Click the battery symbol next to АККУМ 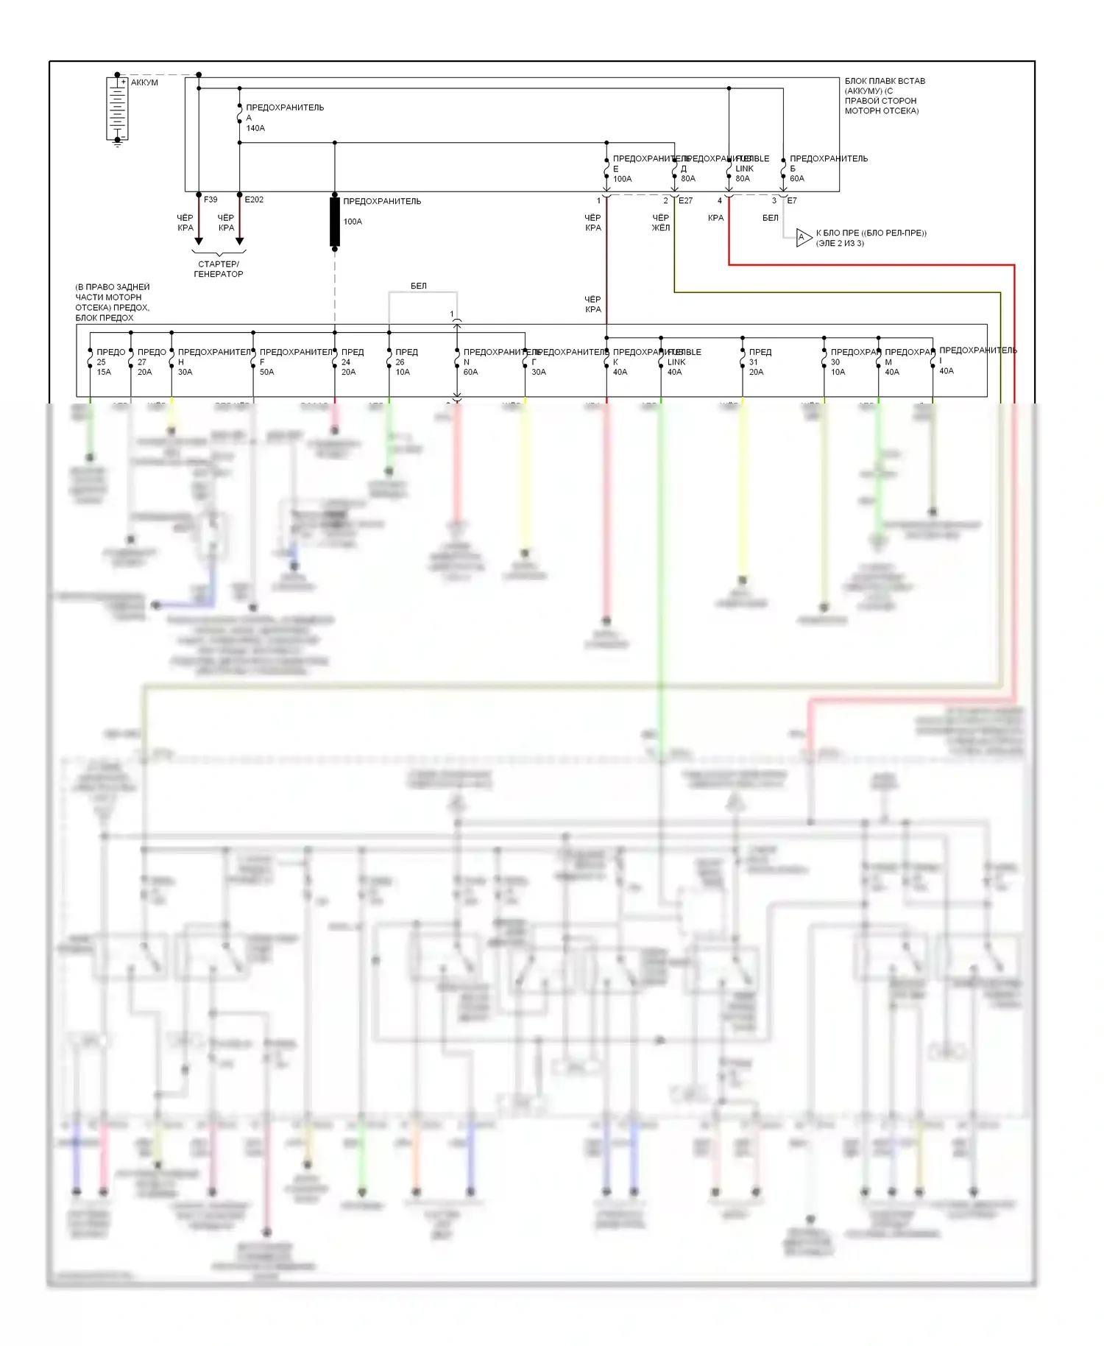click(x=117, y=108)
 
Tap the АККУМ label click(x=144, y=82)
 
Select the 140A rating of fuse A click(x=255, y=128)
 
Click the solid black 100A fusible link click(x=335, y=221)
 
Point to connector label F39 click(x=210, y=200)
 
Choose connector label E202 click(x=254, y=200)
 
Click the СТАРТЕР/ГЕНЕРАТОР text click(x=219, y=269)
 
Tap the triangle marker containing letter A click(x=803, y=237)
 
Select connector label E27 click(x=685, y=200)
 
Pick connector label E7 click(x=792, y=200)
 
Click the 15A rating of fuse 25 click(x=104, y=372)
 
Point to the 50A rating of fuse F click(x=266, y=372)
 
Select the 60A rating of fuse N click(x=470, y=372)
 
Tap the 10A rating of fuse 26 click(x=403, y=372)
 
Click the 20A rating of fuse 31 click(x=756, y=372)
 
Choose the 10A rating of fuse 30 click(x=838, y=372)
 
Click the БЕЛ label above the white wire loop click(x=418, y=286)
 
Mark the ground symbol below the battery click(x=117, y=144)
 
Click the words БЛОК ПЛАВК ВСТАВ click(x=885, y=81)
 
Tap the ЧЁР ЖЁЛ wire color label click(x=660, y=222)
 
